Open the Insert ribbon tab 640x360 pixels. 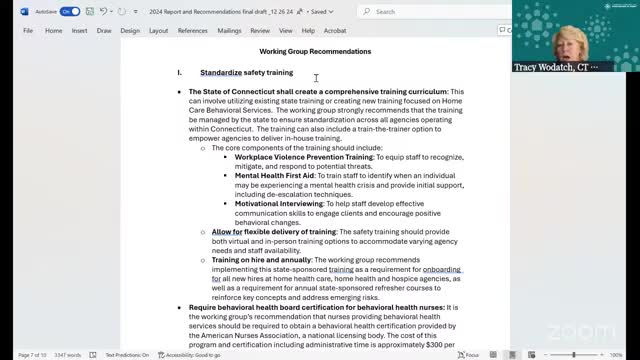click(x=80, y=31)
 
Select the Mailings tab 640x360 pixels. click(x=229, y=31)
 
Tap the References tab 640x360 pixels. click(x=193, y=31)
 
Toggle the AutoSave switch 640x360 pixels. click(x=69, y=11)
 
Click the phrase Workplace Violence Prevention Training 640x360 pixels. click(x=304, y=156)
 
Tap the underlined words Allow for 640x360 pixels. click(x=227, y=231)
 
